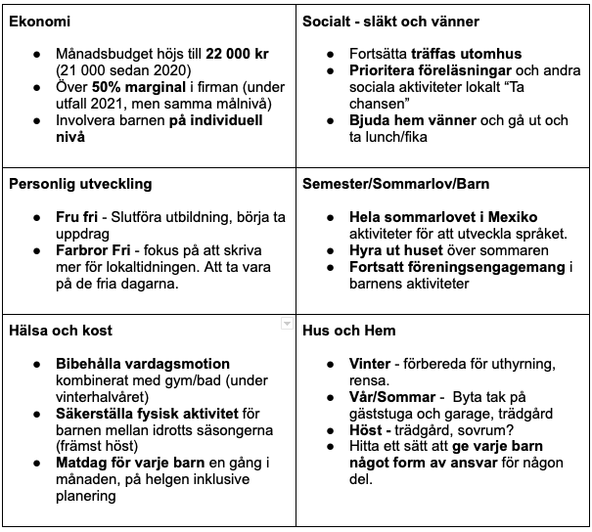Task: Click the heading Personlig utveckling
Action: [x=80, y=184]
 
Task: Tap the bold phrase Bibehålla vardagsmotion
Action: [x=143, y=363]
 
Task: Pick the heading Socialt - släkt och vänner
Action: [x=390, y=22]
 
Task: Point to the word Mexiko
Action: [x=510, y=217]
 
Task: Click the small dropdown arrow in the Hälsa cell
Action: [x=286, y=322]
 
